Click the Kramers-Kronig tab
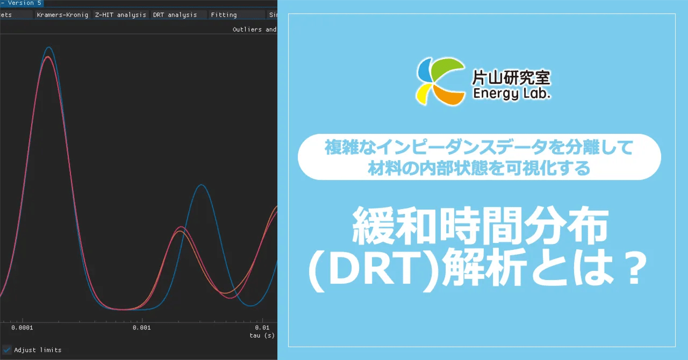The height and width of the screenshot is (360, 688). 62,15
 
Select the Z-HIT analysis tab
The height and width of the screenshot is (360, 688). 120,15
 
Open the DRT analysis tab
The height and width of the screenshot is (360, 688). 175,15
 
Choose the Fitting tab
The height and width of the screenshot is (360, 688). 224,15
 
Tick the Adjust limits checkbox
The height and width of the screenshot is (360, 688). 7,350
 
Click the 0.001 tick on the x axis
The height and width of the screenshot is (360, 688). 141,327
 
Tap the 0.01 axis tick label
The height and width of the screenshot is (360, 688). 262,327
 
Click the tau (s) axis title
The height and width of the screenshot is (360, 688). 262,335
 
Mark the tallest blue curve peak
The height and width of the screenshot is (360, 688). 49,47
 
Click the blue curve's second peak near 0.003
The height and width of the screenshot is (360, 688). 201,185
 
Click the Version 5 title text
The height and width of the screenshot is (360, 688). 24,3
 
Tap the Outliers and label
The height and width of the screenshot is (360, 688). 254,30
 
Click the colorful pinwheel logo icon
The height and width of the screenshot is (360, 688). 440,81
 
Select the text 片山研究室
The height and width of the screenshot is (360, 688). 511,78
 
